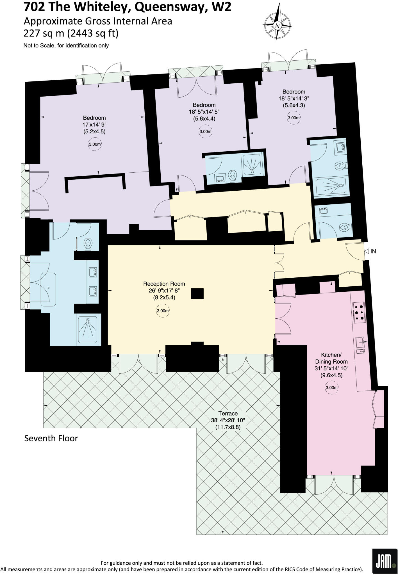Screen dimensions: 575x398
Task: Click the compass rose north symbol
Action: pos(278,26)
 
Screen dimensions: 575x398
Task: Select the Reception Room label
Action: pos(164,284)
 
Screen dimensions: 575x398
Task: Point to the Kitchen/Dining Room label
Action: pos(331,358)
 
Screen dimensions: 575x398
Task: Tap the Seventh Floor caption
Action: pos(51,438)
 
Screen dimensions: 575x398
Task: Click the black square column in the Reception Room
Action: pos(197,294)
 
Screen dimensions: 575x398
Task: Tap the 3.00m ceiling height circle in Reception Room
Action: pos(163,311)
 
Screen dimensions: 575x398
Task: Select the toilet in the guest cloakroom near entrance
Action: pos(344,226)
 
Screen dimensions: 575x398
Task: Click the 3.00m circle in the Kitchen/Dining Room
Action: pos(331,388)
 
